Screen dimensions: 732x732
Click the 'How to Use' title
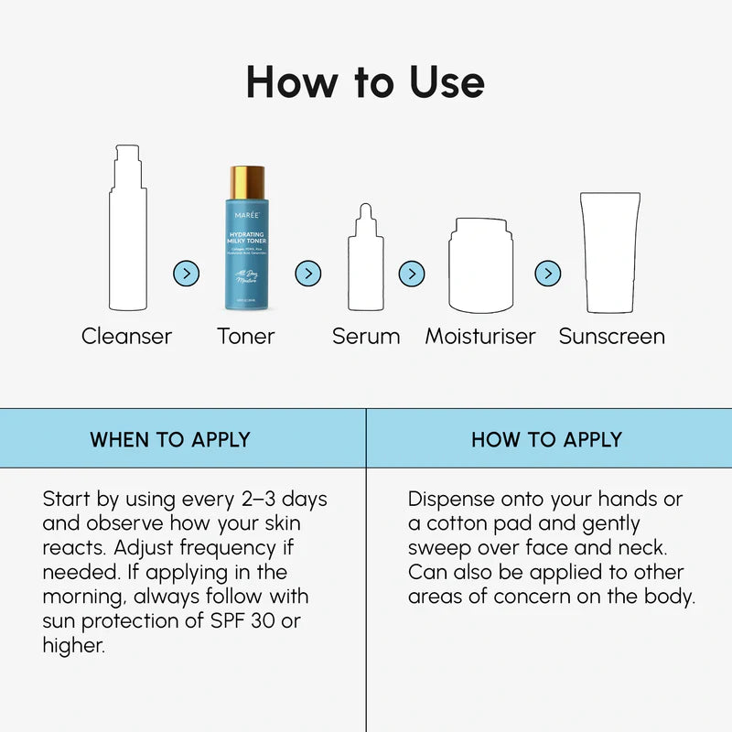[365, 82]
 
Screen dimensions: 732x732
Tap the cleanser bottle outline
[127, 229]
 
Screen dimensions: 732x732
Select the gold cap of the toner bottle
[246, 178]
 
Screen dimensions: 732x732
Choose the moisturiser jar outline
[480, 265]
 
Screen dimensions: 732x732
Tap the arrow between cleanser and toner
[186, 273]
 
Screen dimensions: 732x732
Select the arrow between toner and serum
[308, 273]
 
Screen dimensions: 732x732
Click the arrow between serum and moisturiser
[412, 273]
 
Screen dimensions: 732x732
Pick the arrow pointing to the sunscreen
[548, 273]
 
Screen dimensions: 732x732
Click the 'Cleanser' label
[126, 336]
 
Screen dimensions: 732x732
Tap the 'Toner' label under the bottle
[246, 336]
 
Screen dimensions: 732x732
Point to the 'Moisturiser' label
[480, 336]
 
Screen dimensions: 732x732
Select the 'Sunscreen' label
[611, 336]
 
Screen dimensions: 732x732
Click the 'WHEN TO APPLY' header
[170, 439]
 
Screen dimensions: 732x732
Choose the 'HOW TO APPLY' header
[546, 439]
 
